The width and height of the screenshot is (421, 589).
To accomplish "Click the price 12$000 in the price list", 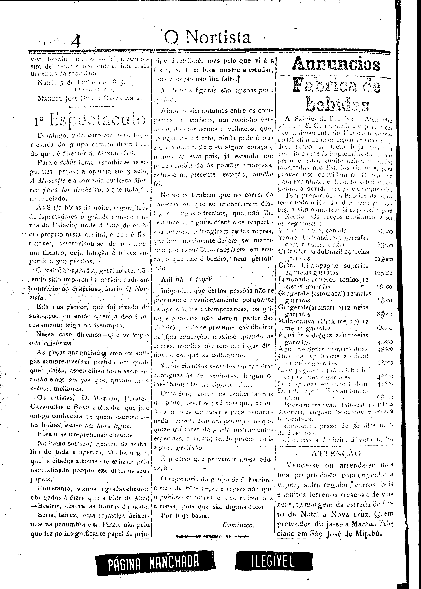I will (383, 259).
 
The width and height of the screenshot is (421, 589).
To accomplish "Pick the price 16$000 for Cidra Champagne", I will (383, 273).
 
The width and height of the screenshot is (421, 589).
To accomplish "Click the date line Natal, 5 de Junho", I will (81, 83).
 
